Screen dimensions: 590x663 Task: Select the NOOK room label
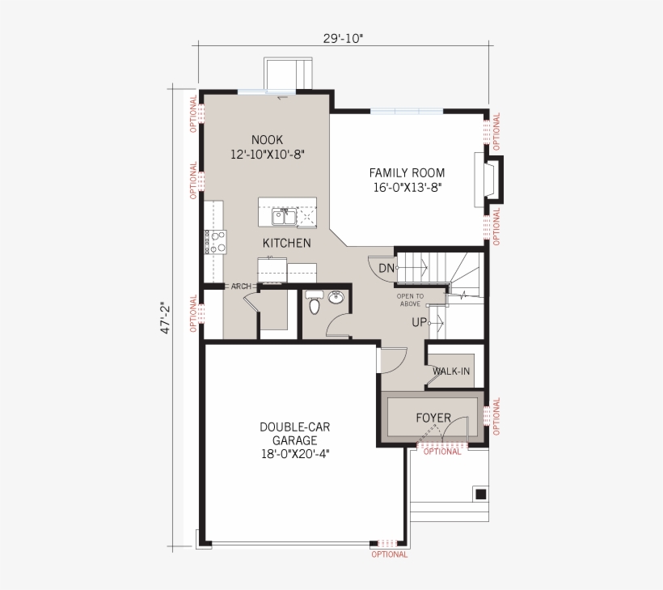click(x=267, y=139)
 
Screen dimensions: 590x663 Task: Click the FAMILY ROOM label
click(x=407, y=172)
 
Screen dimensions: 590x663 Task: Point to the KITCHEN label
click(x=286, y=243)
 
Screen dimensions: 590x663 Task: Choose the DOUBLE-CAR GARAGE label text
click(x=294, y=433)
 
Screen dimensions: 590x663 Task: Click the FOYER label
click(x=433, y=418)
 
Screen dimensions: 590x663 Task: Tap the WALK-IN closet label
click(x=451, y=371)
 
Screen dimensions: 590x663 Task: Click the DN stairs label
click(x=386, y=268)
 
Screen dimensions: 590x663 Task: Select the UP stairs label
click(x=420, y=322)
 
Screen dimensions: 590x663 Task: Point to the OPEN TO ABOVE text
click(x=410, y=299)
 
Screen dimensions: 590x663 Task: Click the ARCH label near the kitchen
click(x=241, y=287)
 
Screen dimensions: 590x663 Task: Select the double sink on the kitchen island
click(x=282, y=216)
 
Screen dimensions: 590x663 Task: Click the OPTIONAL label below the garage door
click(x=390, y=554)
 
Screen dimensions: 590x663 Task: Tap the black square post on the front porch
click(x=480, y=494)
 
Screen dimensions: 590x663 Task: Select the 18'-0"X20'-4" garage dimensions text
click(x=294, y=454)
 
